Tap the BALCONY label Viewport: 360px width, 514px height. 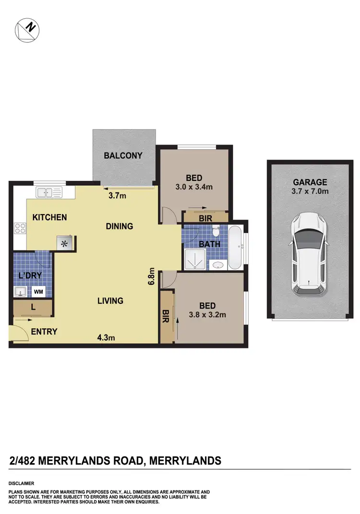(123, 155)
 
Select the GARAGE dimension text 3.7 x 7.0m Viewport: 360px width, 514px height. (310, 191)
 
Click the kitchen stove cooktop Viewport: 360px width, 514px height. (20, 228)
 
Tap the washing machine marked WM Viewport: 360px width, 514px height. (37, 291)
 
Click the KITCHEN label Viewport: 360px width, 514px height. (49, 217)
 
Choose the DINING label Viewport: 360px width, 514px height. (119, 226)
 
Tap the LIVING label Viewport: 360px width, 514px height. (110, 301)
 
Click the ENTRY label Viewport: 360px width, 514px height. (44, 332)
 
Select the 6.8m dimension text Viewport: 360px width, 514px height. (152, 277)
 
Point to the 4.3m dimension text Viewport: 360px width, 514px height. (106, 337)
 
